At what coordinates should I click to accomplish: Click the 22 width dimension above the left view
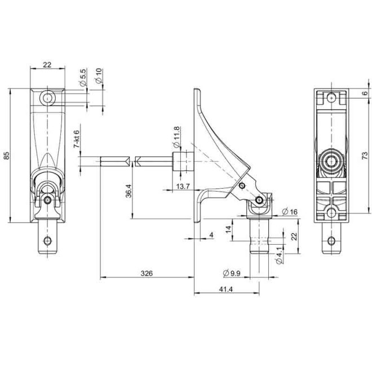pyautogui.click(x=47, y=65)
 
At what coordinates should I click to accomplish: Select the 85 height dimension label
pyautogui.click(x=7, y=156)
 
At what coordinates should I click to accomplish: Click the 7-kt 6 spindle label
pyautogui.click(x=77, y=138)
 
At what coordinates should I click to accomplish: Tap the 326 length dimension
pyautogui.click(x=147, y=273)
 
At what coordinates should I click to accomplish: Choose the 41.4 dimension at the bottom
pyautogui.click(x=227, y=289)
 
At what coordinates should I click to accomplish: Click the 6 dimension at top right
pyautogui.click(x=365, y=93)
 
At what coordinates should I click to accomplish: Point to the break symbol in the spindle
pyautogui.click(x=132, y=162)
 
